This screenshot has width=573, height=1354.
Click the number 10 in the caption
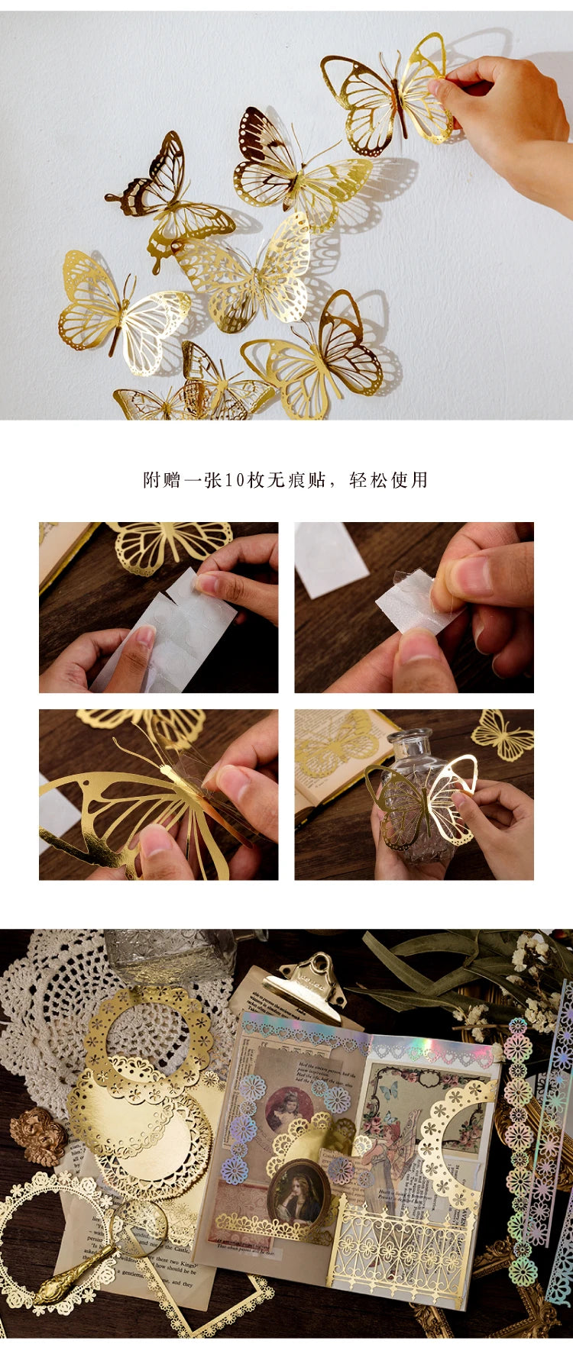[233, 480]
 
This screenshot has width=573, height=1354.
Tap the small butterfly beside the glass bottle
[502, 735]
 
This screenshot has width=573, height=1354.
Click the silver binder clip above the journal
[306, 992]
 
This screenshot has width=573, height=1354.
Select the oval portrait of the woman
[298, 1194]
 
